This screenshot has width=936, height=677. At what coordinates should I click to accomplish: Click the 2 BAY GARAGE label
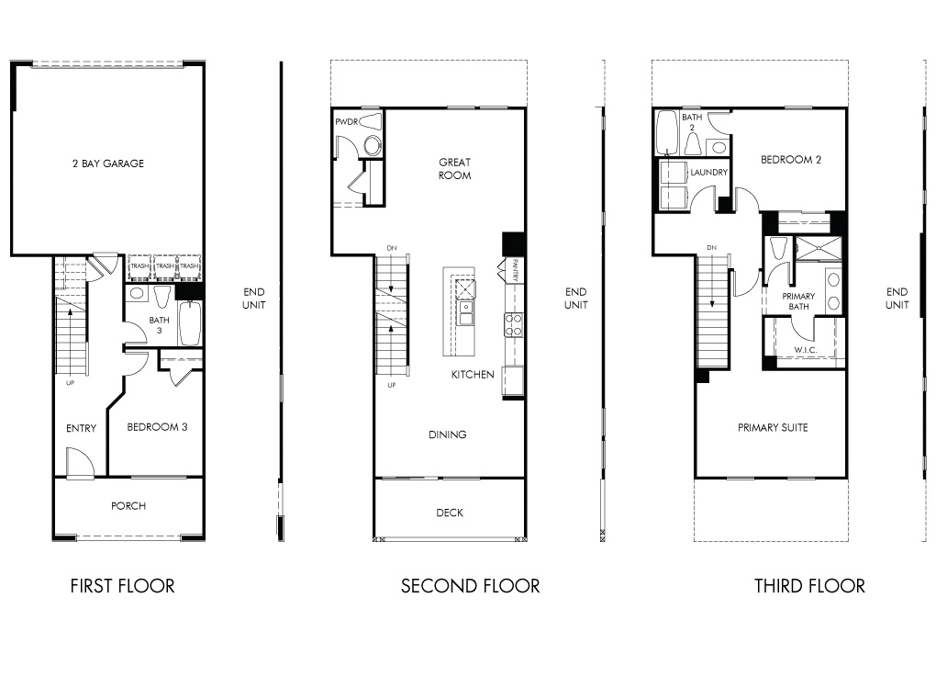point(108,164)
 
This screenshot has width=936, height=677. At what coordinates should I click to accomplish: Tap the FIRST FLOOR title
point(122,586)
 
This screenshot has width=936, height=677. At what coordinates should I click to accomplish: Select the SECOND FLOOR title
point(471,586)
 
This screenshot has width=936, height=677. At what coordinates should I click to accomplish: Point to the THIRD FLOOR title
point(809,586)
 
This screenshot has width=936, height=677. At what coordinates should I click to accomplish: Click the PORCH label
point(128,506)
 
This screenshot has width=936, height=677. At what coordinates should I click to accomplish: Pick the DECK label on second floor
point(450,513)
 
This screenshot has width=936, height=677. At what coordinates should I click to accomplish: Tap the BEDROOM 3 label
point(157,426)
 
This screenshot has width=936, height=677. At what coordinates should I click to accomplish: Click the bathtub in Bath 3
point(191,323)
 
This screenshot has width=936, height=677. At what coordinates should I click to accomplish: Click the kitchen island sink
point(465,313)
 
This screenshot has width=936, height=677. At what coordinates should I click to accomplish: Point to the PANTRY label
point(515,269)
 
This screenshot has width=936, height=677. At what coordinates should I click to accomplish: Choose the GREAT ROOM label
point(455,168)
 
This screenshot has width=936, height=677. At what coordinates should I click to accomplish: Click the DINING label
point(448,434)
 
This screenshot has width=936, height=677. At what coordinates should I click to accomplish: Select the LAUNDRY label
point(709,172)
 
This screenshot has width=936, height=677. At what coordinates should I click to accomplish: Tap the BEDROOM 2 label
point(791,160)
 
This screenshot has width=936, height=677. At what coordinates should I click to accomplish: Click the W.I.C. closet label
point(806,350)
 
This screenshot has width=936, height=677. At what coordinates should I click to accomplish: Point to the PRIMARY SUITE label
point(773,427)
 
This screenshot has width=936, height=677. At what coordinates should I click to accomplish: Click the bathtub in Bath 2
point(665,131)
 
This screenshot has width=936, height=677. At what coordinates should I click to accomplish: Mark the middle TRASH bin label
point(165,265)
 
